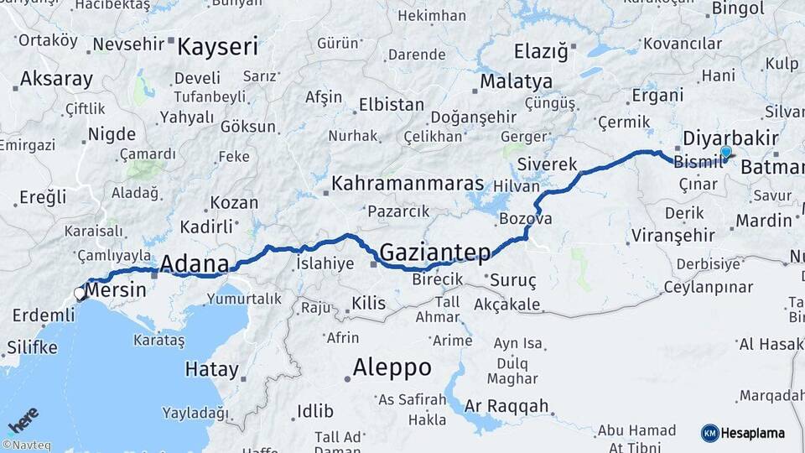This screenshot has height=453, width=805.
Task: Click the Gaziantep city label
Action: [x=434, y=251]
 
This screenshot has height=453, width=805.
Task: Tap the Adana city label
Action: [x=194, y=265]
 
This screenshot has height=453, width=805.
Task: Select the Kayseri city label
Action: [x=217, y=46]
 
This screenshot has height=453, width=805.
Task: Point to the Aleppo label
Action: [x=392, y=367]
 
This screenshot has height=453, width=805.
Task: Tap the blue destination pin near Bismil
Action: [x=725, y=154]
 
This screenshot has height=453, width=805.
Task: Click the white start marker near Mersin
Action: [x=80, y=294]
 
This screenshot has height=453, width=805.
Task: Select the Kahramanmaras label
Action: [x=408, y=183]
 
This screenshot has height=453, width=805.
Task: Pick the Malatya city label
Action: [x=516, y=81]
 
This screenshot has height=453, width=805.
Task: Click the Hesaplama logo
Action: [x=743, y=433]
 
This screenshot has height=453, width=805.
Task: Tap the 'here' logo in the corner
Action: [x=23, y=419]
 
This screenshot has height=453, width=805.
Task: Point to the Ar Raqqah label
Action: [x=508, y=406]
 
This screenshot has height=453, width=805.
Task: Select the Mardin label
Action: [x=764, y=221]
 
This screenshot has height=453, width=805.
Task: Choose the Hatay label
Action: [x=211, y=369]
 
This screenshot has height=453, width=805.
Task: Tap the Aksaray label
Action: [x=56, y=79]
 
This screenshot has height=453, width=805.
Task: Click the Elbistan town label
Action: [x=392, y=105]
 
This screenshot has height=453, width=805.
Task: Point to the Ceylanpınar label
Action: [x=709, y=288]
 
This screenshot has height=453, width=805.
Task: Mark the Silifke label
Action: [x=31, y=346]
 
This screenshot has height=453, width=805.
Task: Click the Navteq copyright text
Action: [x=26, y=445]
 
